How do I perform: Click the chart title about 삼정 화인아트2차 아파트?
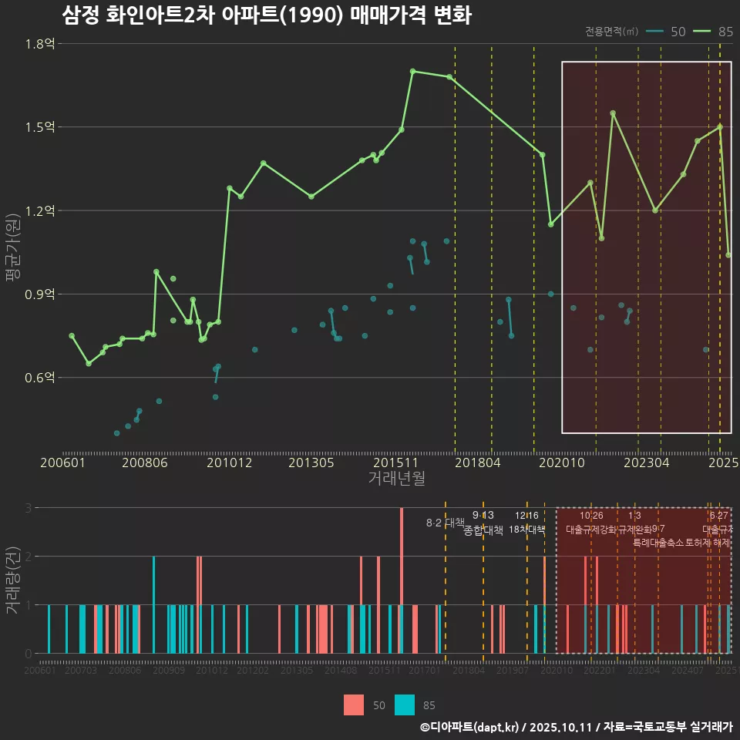pyautogui.click(x=266, y=15)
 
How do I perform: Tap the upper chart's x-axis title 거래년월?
pyautogui.click(x=396, y=479)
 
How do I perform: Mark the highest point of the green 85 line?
pyautogui.click(x=412, y=71)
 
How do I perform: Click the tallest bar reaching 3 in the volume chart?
pyautogui.click(x=402, y=580)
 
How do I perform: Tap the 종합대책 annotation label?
pyautogui.click(x=483, y=530)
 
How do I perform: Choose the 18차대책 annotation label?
pyautogui.click(x=527, y=530)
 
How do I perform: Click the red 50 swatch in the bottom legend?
pyautogui.click(x=354, y=705)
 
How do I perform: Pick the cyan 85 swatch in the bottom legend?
pyautogui.click(x=405, y=705)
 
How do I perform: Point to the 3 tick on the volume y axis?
pyautogui.click(x=28, y=508)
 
